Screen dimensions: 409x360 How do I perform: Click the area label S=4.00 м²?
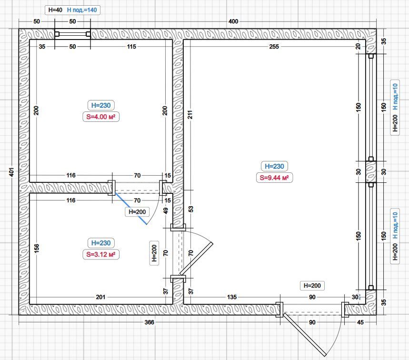click(x=101, y=117)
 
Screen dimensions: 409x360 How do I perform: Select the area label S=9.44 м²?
click(x=274, y=178)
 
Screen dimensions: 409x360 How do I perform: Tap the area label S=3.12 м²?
click(x=101, y=254)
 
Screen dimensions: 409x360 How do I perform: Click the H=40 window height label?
click(x=55, y=10)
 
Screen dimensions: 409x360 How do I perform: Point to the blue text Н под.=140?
click(x=82, y=10)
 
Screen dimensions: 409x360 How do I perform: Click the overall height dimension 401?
click(x=12, y=172)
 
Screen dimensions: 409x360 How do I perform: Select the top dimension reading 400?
click(x=233, y=21)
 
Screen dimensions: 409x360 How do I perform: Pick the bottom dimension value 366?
click(x=150, y=322)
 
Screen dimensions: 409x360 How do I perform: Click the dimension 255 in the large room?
click(x=274, y=47)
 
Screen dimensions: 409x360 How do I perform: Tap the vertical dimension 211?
click(x=190, y=114)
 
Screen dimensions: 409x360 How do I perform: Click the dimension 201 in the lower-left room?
click(x=100, y=297)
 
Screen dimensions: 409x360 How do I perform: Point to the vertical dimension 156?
click(x=37, y=248)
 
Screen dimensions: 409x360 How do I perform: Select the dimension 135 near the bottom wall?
click(x=232, y=297)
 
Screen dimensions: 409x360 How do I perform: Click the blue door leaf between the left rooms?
click(x=130, y=209)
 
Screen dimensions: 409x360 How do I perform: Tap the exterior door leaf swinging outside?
click(x=305, y=335)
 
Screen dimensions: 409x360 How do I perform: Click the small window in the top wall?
click(x=72, y=34)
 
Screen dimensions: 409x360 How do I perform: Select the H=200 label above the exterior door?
click(x=312, y=286)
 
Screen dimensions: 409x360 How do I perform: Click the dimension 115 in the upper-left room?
click(x=131, y=47)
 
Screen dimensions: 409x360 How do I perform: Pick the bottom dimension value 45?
click(x=360, y=322)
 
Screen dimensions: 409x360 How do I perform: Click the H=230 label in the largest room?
click(x=274, y=166)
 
